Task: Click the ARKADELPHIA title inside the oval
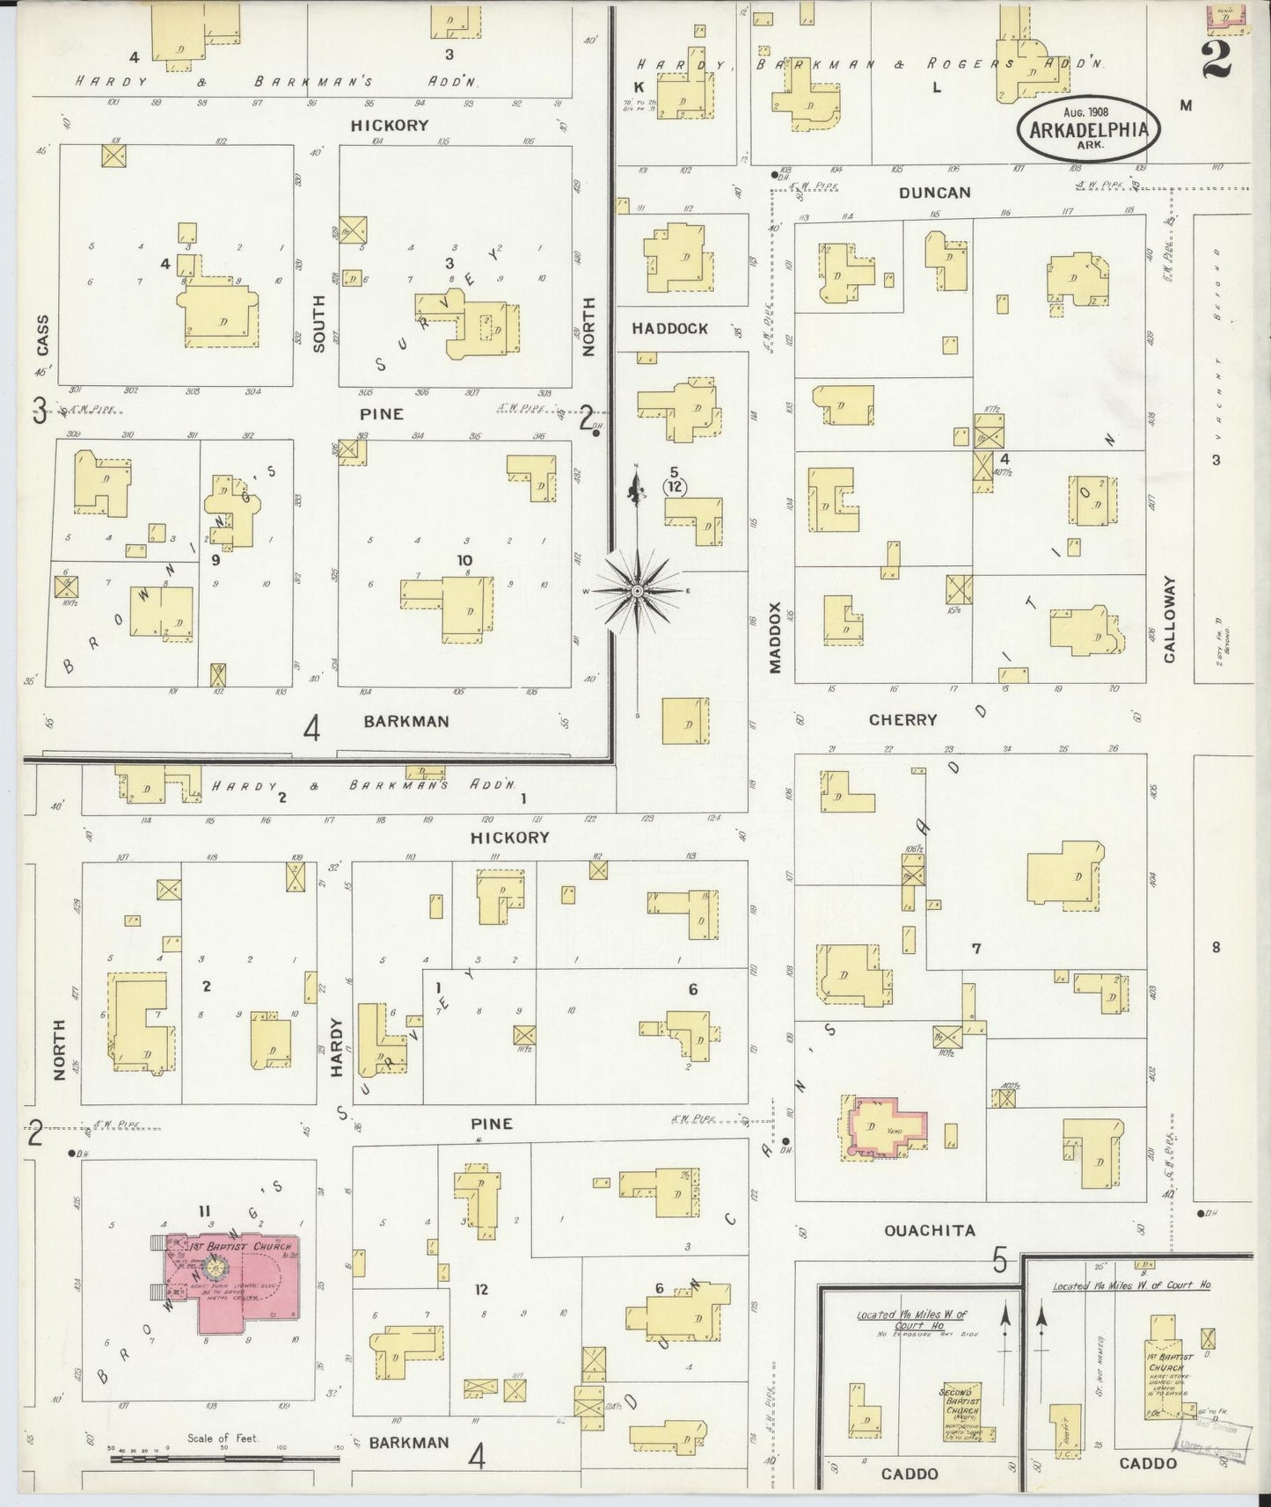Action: [1089, 130]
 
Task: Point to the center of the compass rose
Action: [637, 591]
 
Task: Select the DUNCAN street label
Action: [934, 193]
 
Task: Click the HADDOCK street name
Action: [669, 329]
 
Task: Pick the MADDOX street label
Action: [775, 637]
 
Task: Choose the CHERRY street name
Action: [902, 720]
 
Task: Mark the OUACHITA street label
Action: [930, 1231]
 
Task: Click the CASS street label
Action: [42, 335]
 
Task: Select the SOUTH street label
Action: [318, 324]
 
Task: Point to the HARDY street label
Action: [336, 1048]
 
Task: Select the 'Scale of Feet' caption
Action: [223, 1438]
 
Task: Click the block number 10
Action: [464, 560]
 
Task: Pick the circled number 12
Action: [675, 486]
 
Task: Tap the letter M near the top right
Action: [1186, 106]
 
